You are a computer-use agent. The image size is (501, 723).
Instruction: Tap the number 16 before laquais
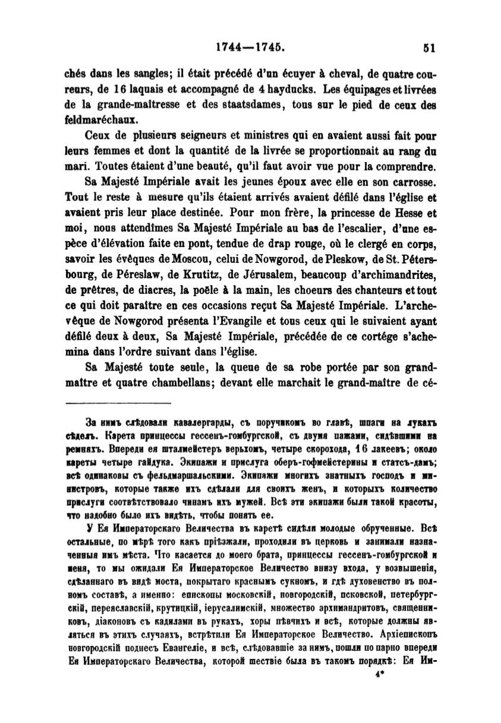106,91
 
